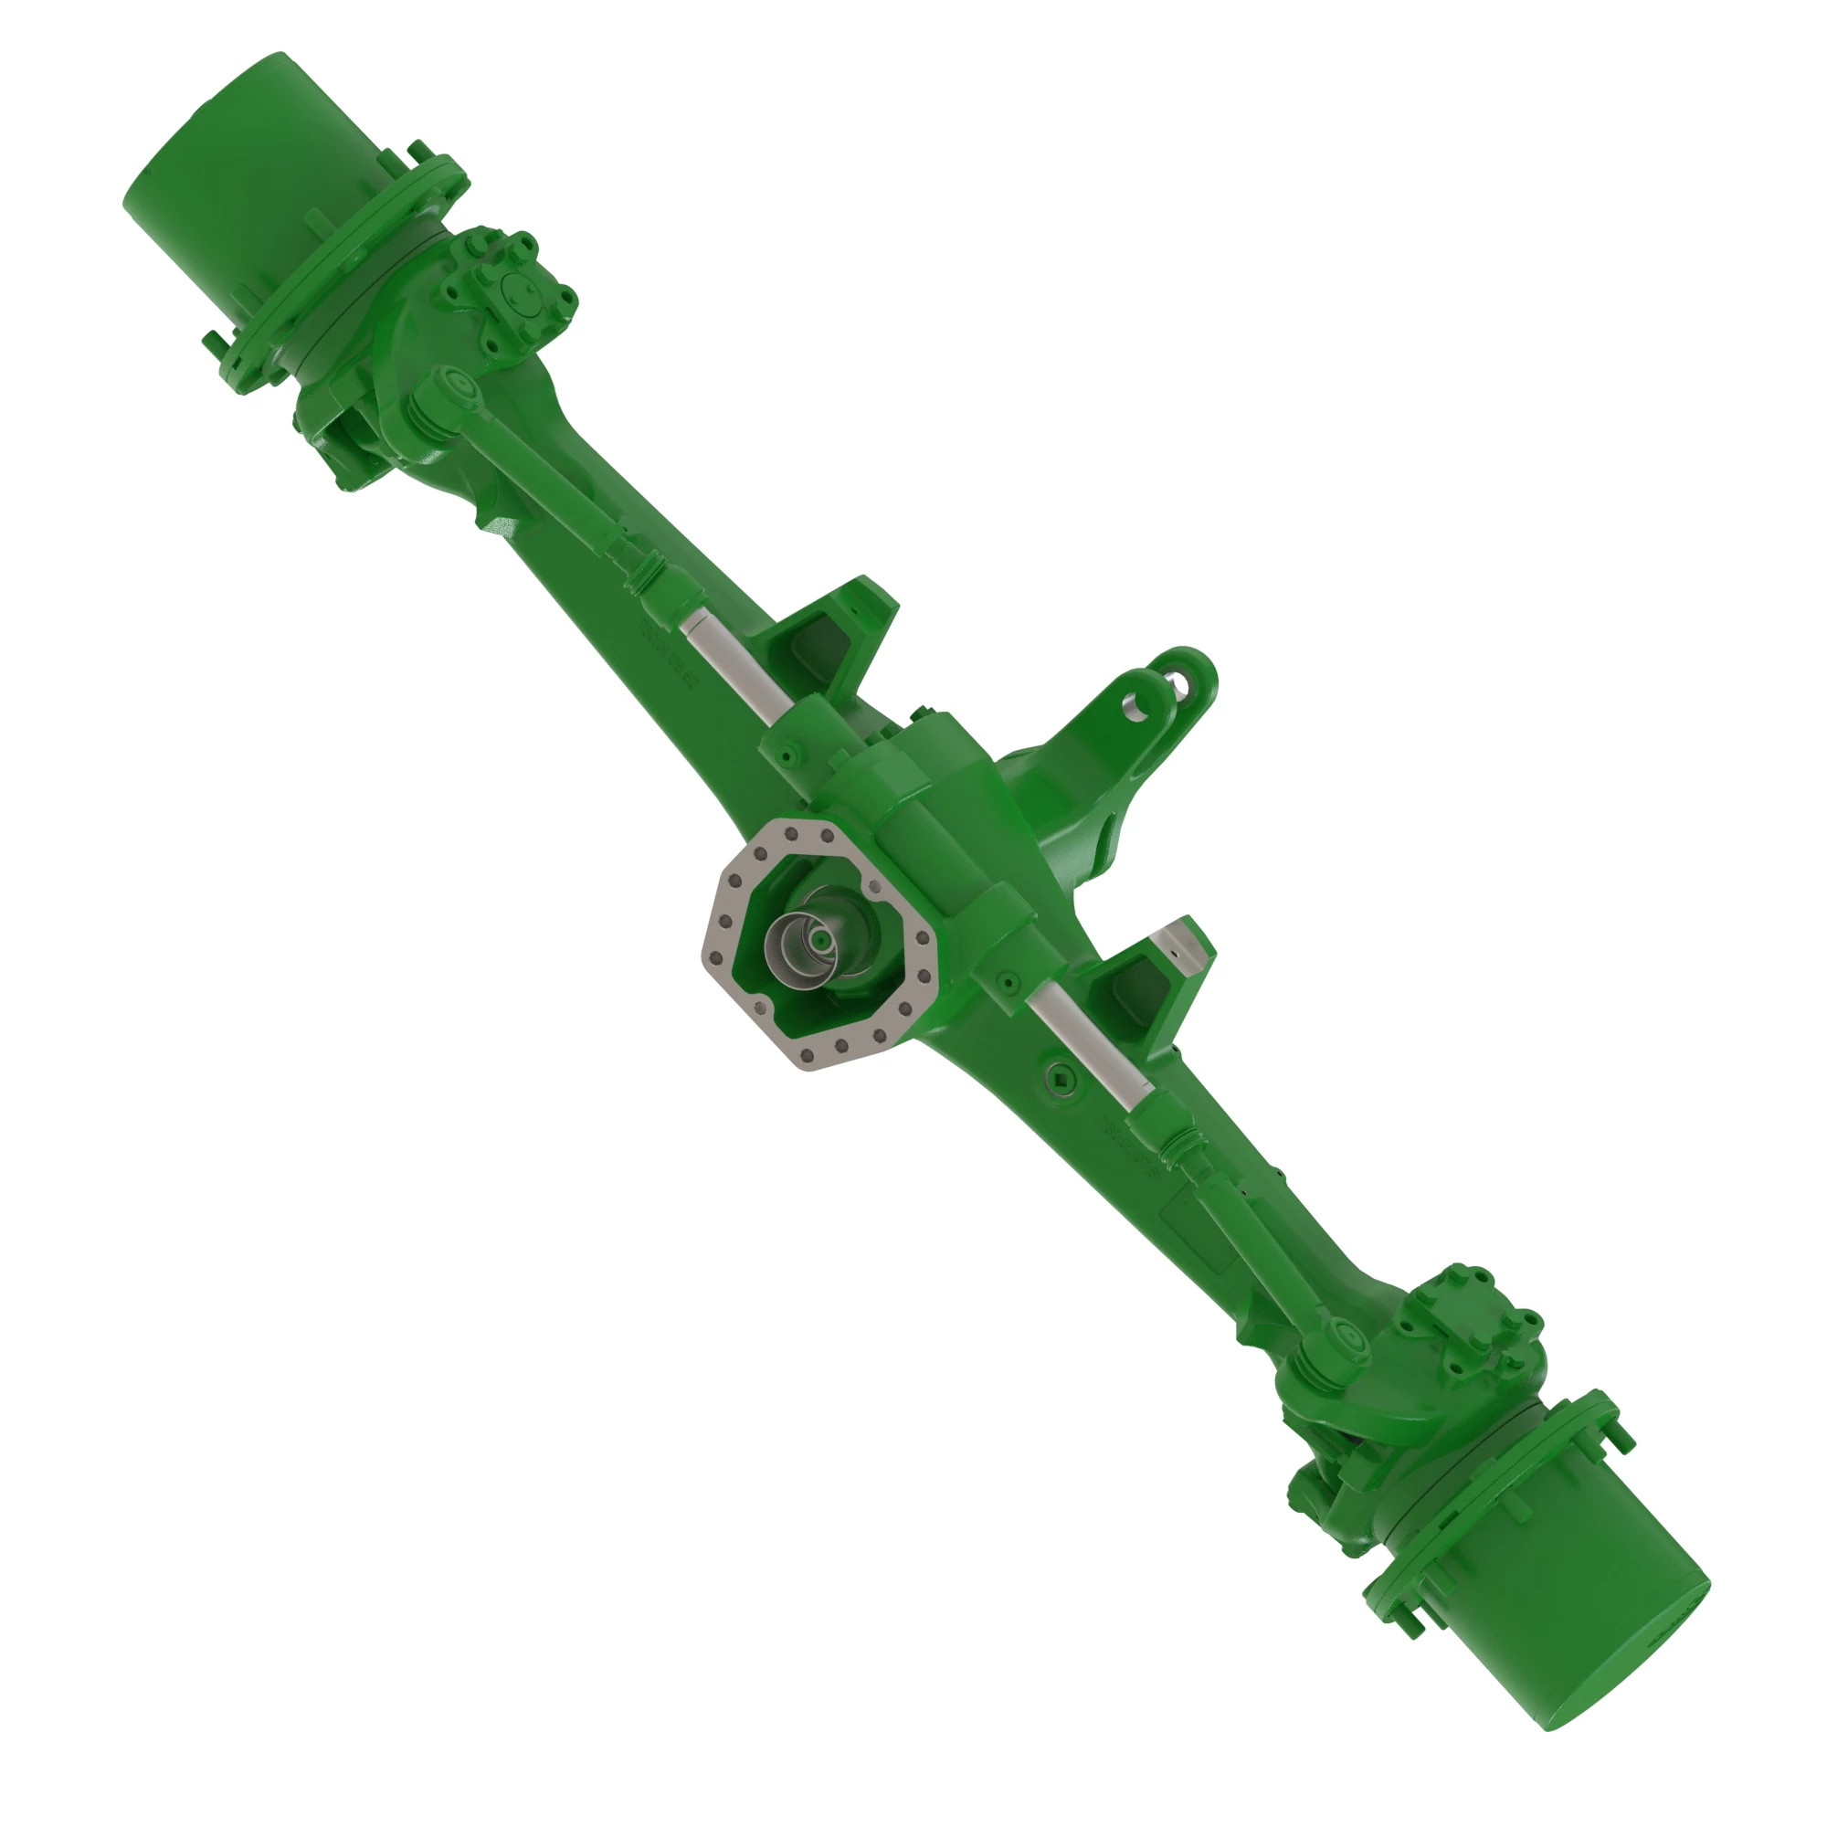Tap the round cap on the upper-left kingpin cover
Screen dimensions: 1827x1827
519,294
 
